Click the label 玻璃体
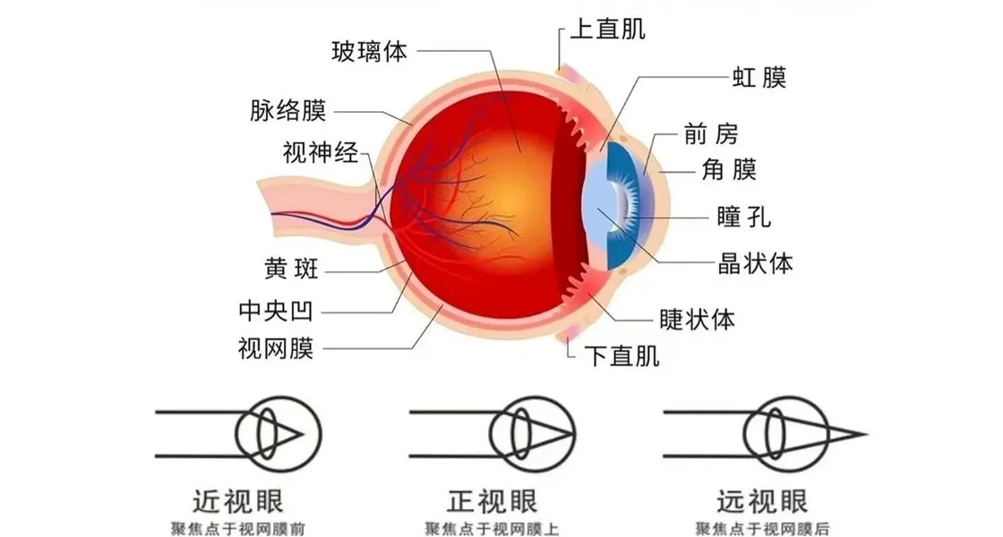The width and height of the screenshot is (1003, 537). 370,51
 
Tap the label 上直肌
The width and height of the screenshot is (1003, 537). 608,29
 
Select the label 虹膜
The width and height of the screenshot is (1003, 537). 760,78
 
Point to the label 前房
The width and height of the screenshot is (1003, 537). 710,135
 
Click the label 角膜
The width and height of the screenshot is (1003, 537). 724,168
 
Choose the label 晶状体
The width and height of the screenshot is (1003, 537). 756,265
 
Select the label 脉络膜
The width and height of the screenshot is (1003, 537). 287,112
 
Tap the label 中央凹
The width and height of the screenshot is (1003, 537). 276,311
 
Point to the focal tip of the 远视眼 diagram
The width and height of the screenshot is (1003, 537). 865,435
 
